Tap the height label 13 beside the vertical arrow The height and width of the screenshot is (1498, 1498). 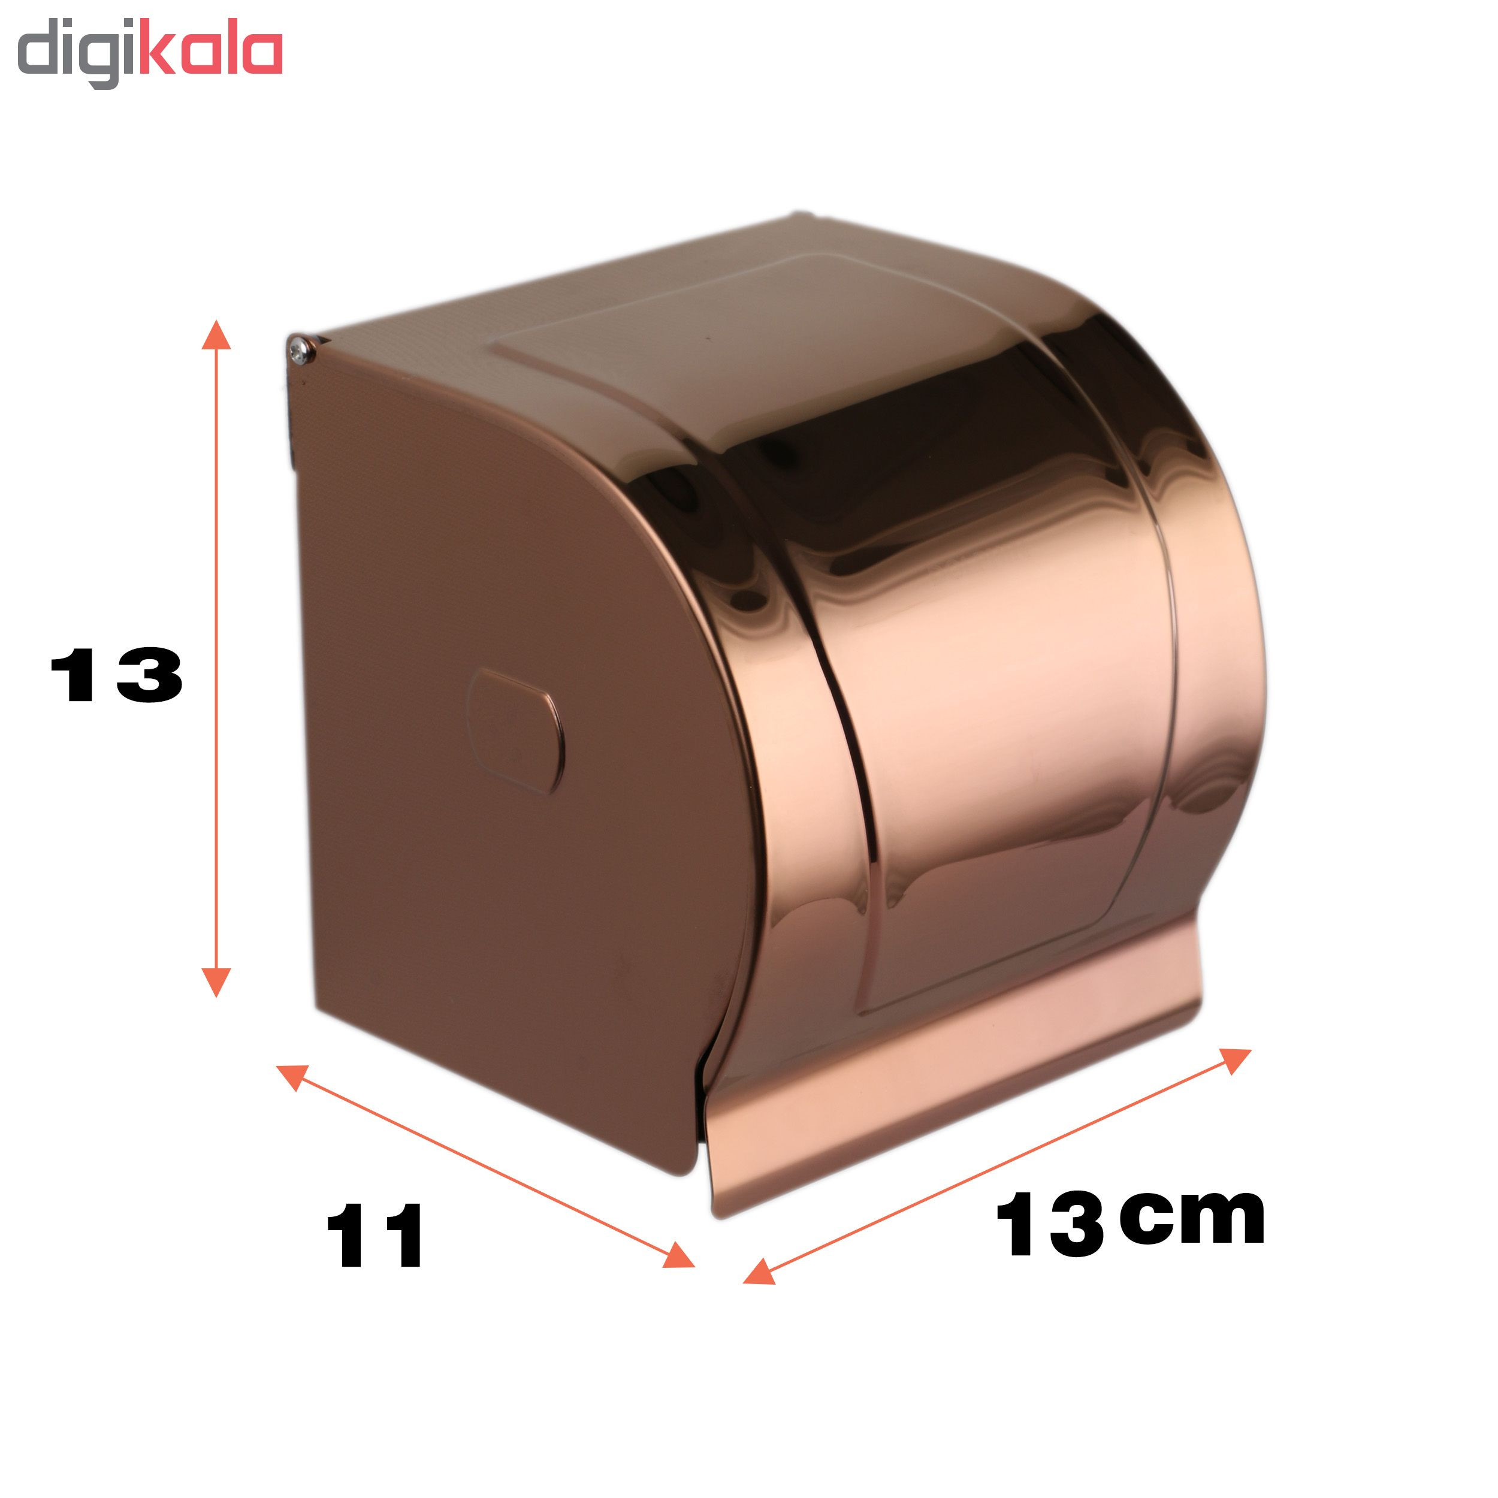(116, 675)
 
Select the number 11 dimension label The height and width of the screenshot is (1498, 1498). (376, 1236)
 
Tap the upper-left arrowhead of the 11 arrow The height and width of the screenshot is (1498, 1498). (292, 1076)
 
